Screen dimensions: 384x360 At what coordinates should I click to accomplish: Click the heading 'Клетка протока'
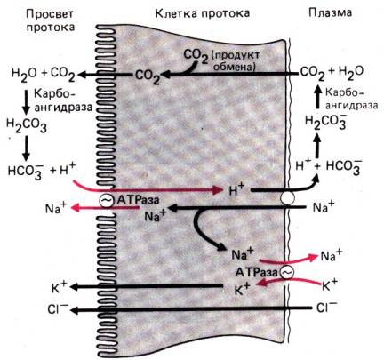(203, 13)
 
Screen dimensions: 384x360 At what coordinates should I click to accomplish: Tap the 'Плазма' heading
(330, 12)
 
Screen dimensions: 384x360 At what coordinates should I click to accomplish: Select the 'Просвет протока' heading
(50, 20)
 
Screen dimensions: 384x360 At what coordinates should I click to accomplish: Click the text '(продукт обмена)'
(237, 61)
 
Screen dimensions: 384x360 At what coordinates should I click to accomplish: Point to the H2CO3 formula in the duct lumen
(27, 125)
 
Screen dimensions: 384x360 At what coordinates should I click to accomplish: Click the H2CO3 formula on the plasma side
(325, 123)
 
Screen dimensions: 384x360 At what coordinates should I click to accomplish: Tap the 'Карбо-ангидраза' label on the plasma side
(351, 99)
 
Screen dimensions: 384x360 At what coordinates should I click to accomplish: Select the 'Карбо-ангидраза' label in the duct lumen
(63, 100)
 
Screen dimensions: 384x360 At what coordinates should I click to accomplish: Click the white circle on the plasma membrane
(287, 197)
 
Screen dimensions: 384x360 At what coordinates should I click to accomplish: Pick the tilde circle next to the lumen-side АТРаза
(106, 201)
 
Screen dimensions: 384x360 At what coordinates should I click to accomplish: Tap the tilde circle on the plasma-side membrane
(287, 272)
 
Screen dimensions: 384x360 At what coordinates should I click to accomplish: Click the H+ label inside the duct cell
(236, 190)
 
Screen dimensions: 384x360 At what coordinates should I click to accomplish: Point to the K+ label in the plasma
(330, 284)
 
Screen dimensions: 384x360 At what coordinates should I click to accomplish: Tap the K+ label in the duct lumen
(60, 287)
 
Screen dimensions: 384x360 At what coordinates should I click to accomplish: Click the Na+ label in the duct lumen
(56, 208)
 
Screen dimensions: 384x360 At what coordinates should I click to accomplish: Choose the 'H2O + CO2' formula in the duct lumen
(44, 75)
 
